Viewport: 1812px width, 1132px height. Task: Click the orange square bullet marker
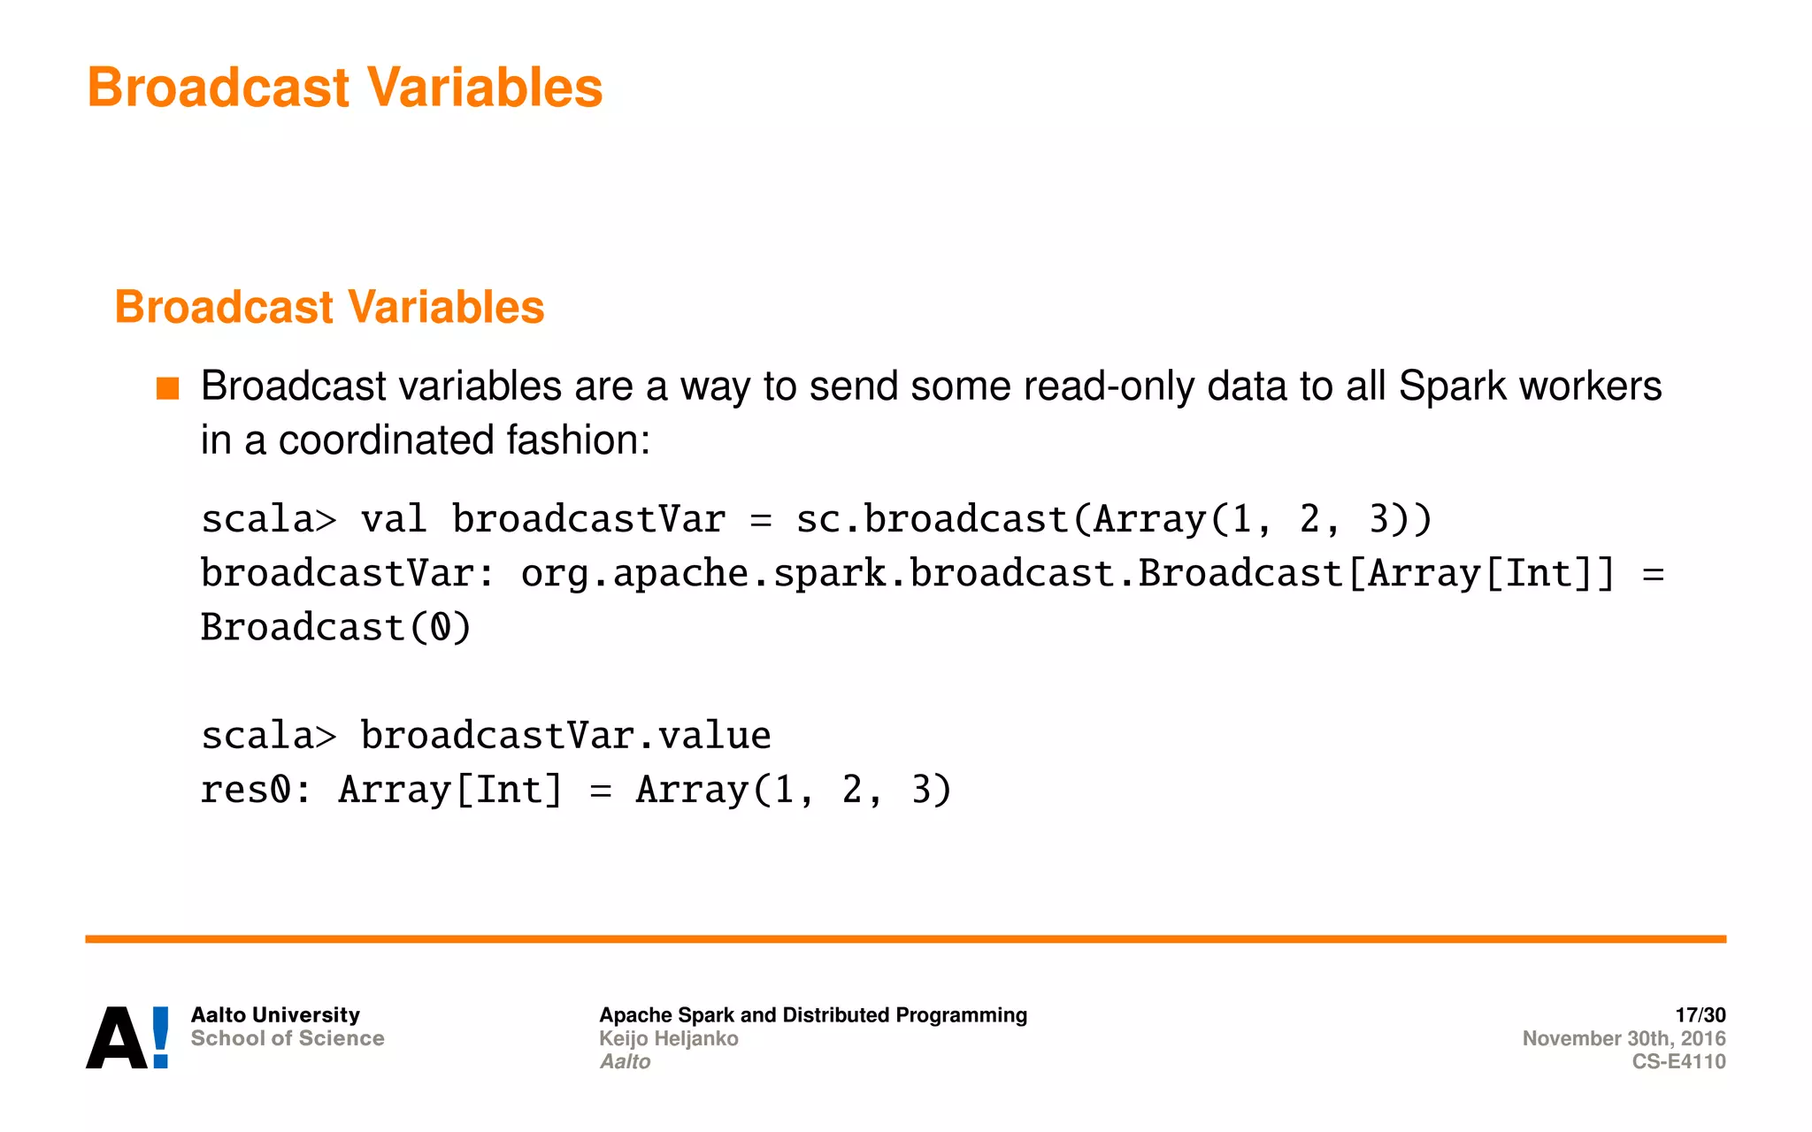point(167,388)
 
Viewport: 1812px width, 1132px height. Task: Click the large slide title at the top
point(344,88)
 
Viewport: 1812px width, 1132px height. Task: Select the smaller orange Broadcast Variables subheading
point(329,307)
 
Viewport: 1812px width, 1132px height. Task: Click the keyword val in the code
point(394,519)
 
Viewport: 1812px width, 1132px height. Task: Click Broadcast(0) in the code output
point(336,628)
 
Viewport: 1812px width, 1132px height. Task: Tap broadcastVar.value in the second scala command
point(565,736)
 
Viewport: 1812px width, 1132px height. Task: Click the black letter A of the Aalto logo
point(116,1039)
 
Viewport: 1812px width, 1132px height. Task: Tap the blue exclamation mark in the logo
point(161,1036)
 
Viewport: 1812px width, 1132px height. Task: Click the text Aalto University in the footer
point(275,1014)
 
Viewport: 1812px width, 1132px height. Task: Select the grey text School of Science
point(288,1038)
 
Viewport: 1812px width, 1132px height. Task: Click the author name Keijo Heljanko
point(668,1038)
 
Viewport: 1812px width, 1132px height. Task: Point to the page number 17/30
point(1700,1014)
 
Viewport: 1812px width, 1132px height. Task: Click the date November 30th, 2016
point(1624,1038)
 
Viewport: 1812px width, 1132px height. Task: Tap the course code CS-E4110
point(1678,1061)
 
